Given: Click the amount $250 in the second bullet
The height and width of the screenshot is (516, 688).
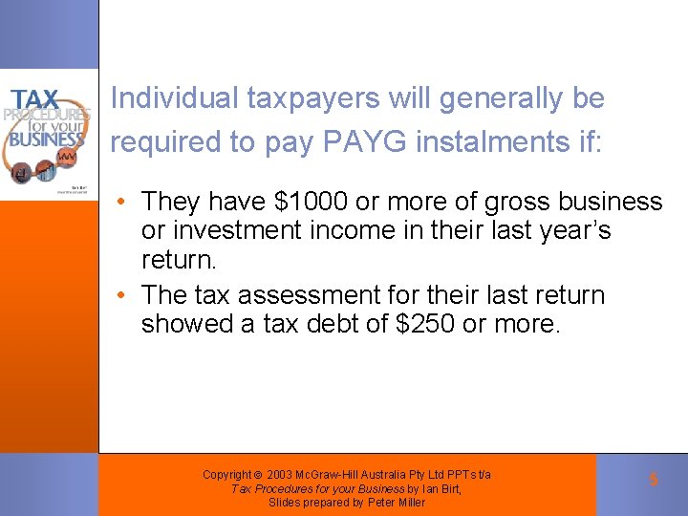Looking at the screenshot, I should pos(425,324).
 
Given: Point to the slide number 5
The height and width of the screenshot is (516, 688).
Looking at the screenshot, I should pos(654,480).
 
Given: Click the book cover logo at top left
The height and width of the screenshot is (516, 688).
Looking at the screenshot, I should pos(48,134).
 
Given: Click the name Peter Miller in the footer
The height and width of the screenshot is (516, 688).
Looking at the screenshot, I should pos(398,503).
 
